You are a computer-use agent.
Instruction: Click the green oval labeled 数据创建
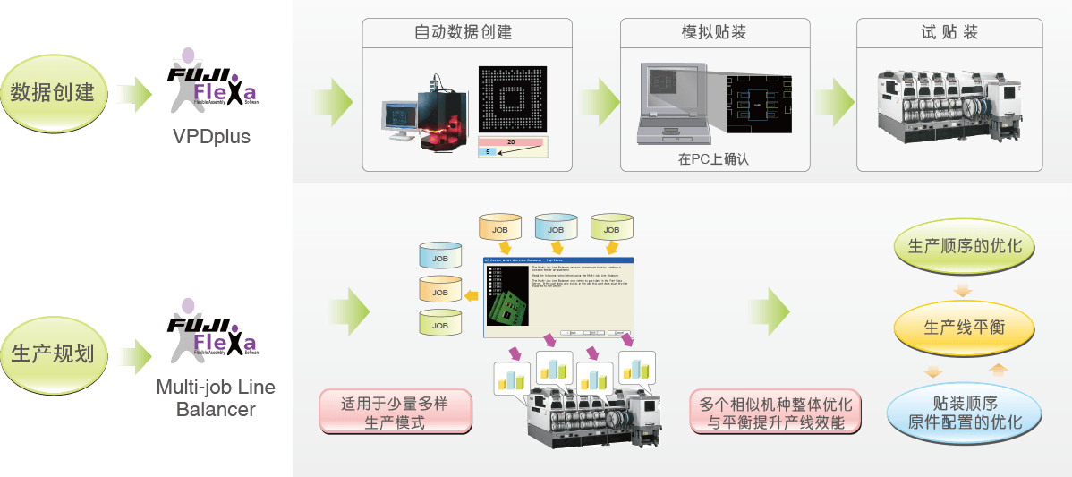click(x=53, y=92)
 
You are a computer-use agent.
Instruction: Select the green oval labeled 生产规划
click(x=53, y=353)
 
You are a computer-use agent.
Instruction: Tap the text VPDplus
click(x=212, y=137)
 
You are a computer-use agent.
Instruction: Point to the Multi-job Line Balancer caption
click(x=216, y=398)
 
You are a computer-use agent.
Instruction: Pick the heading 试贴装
click(x=949, y=33)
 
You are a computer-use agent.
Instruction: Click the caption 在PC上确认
click(x=712, y=160)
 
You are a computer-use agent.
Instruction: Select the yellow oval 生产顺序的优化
click(x=964, y=245)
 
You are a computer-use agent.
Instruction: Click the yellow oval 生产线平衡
click(x=964, y=328)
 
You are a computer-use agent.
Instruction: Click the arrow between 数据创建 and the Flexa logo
click(x=135, y=92)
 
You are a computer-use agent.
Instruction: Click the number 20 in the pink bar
click(x=511, y=141)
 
